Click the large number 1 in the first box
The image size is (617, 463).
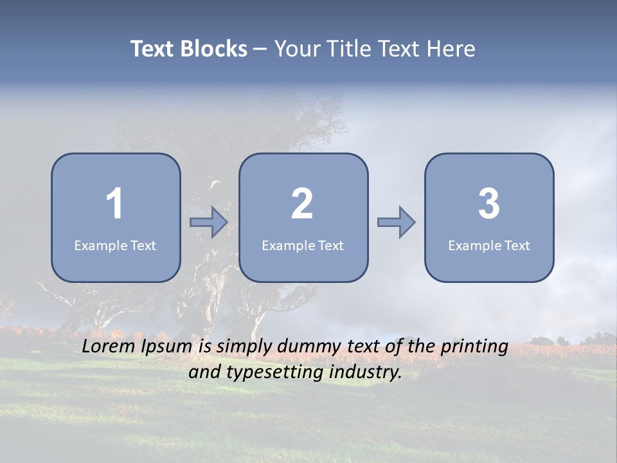(115, 204)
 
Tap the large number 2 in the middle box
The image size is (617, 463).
(302, 204)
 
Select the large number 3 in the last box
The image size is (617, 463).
(489, 204)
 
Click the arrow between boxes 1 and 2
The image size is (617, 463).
(209, 222)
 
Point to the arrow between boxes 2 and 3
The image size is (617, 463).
(396, 222)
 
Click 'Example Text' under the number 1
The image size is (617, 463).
(115, 246)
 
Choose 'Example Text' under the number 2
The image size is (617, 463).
(303, 246)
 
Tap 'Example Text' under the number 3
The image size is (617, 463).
(489, 246)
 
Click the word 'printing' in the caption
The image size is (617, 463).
(474, 347)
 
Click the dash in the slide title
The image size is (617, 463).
(260, 49)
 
